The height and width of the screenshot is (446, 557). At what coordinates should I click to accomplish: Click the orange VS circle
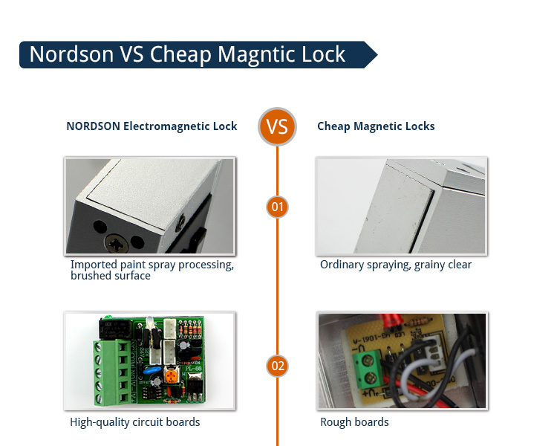277,126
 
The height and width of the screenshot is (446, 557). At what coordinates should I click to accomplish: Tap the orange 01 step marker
277,206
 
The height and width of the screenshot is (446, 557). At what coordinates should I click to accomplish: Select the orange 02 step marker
277,366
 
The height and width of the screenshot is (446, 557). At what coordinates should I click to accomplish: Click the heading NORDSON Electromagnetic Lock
152,126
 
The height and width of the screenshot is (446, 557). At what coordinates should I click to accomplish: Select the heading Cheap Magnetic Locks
376,126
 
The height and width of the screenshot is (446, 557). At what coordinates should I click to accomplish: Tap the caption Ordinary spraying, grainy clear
395,265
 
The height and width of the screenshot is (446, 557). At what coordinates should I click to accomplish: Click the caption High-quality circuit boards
135,422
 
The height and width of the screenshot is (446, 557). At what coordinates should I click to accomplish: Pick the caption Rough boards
354,422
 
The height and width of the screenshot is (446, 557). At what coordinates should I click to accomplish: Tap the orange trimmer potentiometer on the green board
172,377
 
